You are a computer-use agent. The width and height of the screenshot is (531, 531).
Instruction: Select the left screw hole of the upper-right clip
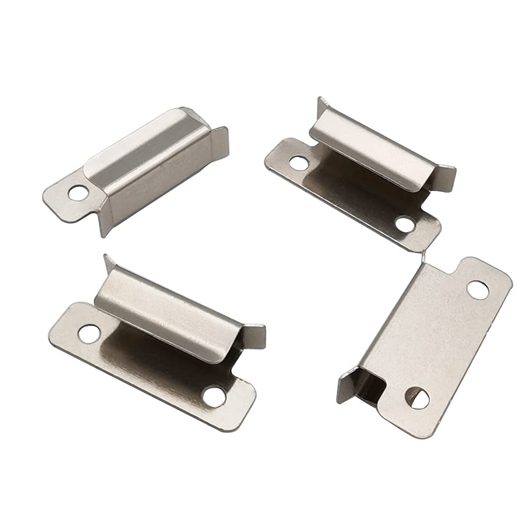click(298, 162)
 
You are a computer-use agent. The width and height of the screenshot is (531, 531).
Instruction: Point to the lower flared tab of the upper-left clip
click(106, 223)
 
